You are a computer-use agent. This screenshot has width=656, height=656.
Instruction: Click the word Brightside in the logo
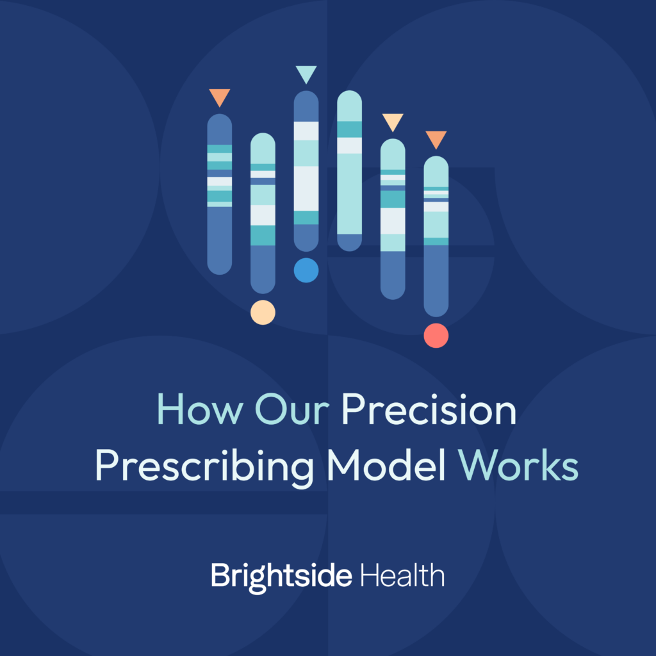coord(281,576)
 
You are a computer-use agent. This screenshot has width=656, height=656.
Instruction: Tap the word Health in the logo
coord(402,575)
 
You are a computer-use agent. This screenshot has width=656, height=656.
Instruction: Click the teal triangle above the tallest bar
coord(306,74)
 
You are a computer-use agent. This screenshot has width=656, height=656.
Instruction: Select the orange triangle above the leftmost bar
coord(219,97)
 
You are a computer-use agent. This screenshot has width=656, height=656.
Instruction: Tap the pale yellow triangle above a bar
coord(393,121)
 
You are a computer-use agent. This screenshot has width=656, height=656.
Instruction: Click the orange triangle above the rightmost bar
coord(436,138)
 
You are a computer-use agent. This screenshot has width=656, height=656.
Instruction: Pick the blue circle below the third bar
coord(306,270)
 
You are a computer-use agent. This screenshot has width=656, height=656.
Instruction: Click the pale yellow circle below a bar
coord(263,312)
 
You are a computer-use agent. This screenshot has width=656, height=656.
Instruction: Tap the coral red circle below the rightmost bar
coord(436,335)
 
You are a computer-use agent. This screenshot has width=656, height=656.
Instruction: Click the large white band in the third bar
coord(306,188)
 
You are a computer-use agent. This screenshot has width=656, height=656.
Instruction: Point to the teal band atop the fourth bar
coord(350,129)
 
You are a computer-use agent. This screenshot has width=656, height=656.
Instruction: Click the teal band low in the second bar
coord(263,235)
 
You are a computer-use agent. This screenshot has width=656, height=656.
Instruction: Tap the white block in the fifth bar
coord(393,221)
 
